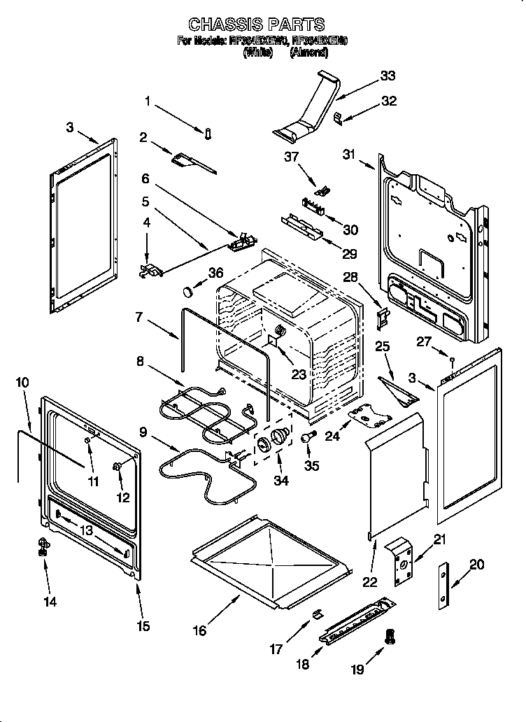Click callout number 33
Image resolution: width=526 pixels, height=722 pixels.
(388, 76)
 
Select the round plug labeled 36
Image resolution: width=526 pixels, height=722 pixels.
(187, 290)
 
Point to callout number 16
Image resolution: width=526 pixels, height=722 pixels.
(200, 630)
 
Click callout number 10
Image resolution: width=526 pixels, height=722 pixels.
(22, 383)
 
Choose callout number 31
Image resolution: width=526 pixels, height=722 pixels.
(350, 155)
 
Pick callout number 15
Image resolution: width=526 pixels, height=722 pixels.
(143, 626)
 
